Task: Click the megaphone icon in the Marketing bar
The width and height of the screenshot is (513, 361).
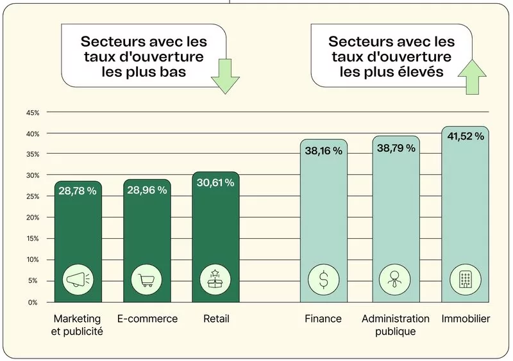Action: tap(78, 279)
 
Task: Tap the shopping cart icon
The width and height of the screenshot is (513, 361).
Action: tap(147, 279)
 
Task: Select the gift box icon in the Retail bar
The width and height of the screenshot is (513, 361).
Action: tap(215, 279)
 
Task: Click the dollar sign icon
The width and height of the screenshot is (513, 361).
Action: tap(324, 279)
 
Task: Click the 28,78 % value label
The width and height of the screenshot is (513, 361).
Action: tap(78, 191)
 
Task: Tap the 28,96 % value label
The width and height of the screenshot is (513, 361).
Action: tap(147, 190)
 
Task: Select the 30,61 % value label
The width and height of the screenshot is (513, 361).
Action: tap(215, 183)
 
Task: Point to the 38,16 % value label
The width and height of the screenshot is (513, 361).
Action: tap(324, 151)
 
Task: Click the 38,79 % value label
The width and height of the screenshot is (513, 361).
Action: tap(396, 148)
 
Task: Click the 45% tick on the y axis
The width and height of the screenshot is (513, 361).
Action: tap(32, 113)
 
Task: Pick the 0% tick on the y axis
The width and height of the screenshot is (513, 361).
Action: tap(32, 301)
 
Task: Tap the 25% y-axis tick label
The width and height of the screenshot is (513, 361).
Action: tap(32, 197)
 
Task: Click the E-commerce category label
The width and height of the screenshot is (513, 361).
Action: tap(147, 319)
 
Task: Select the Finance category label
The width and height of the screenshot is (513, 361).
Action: tap(323, 319)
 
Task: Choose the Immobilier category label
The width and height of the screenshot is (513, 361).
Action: tap(466, 319)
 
